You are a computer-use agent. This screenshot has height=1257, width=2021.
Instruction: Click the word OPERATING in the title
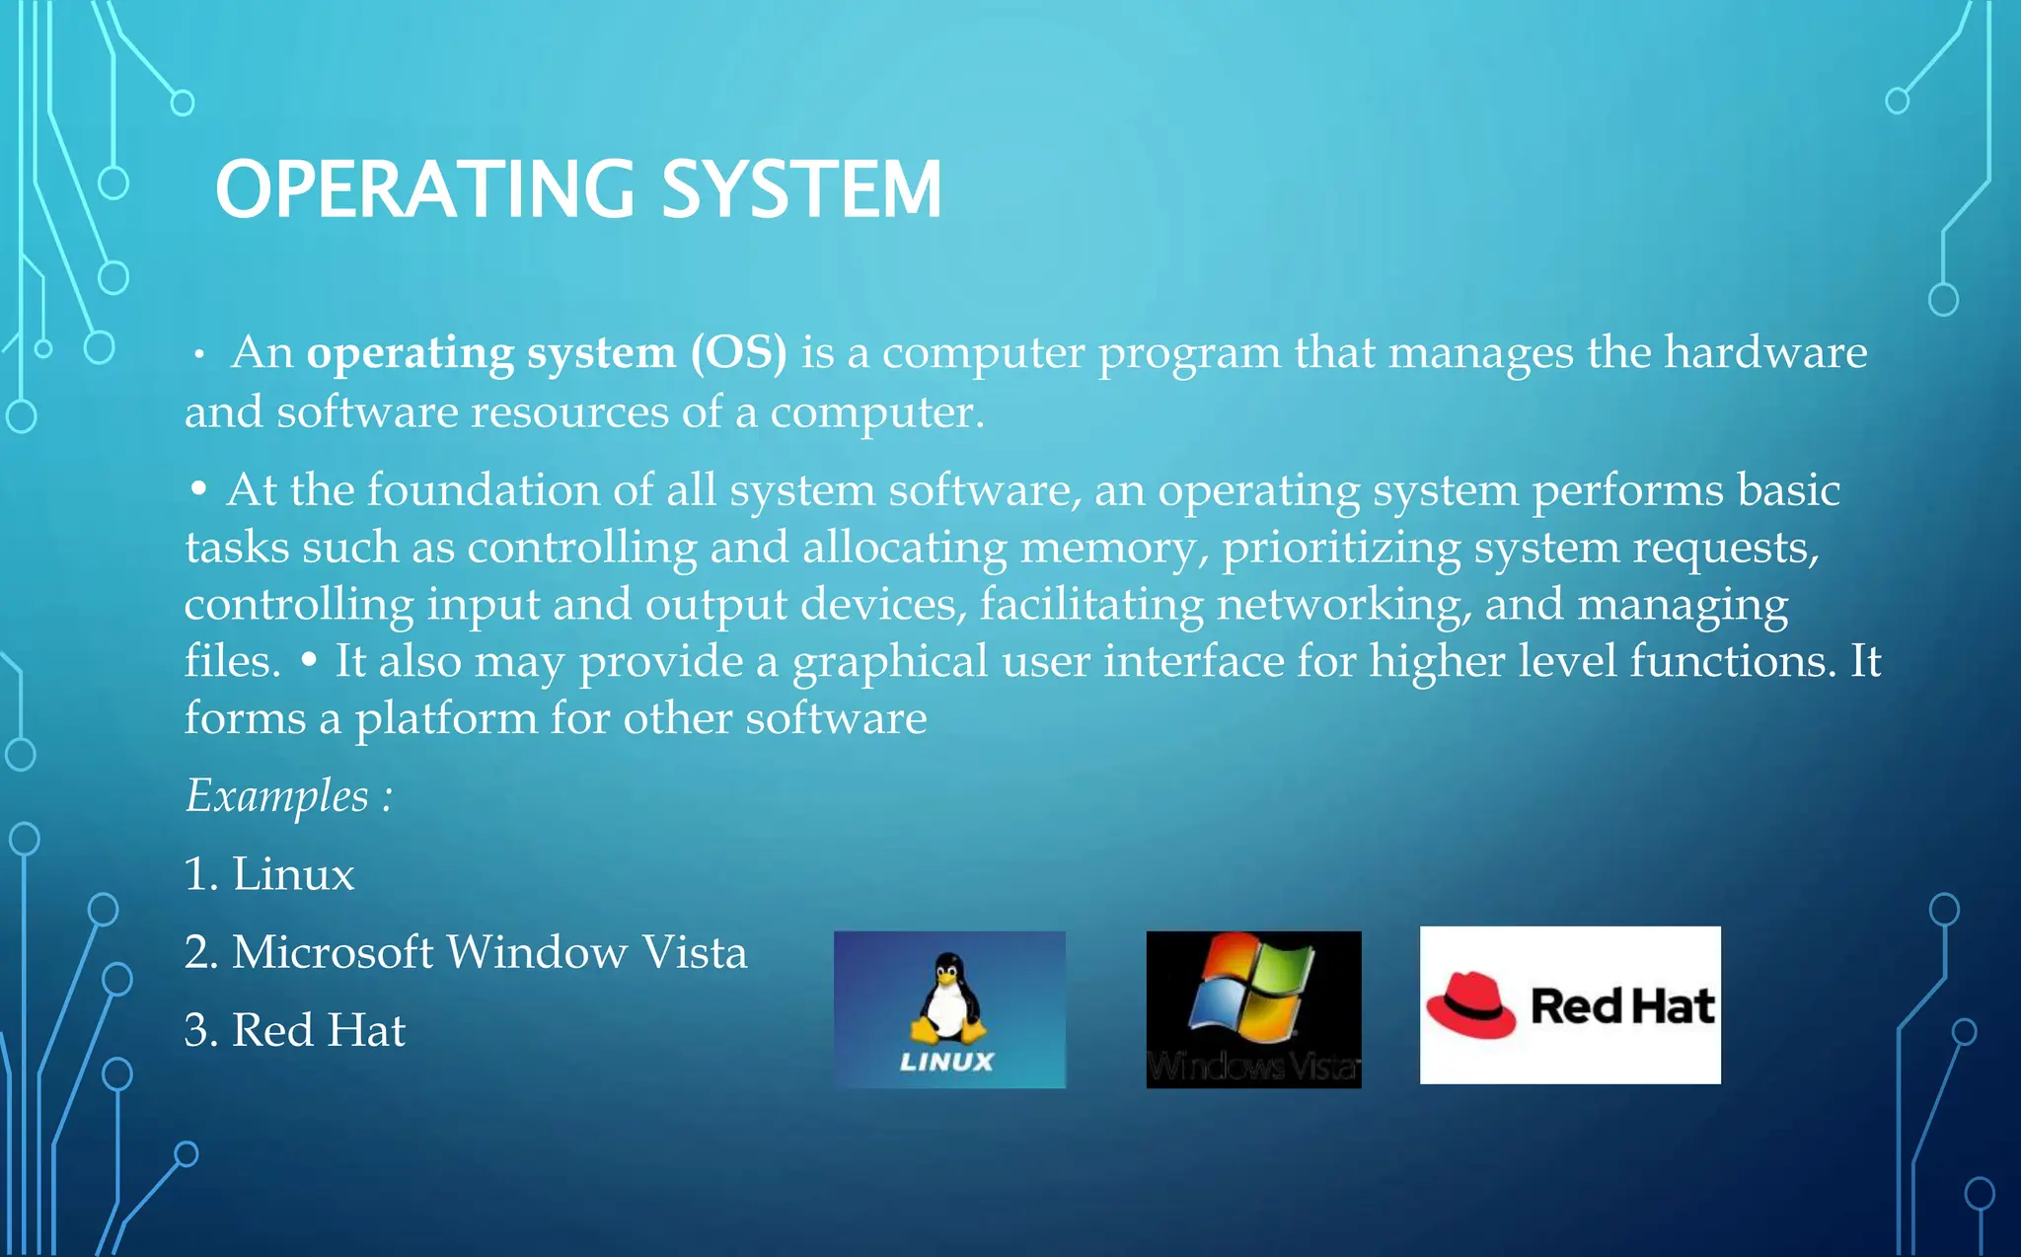click(x=425, y=189)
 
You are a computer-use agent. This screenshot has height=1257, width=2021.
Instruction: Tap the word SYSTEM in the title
click(x=800, y=189)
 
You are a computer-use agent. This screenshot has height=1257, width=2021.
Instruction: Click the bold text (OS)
click(x=738, y=352)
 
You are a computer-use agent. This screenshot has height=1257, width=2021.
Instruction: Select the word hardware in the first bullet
click(x=1765, y=352)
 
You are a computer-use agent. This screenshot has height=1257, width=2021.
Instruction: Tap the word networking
click(x=1343, y=604)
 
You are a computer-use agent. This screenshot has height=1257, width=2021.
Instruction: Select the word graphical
click(x=890, y=661)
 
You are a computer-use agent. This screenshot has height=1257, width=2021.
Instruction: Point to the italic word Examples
click(x=277, y=796)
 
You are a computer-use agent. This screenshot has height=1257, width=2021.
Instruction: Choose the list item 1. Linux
click(x=269, y=874)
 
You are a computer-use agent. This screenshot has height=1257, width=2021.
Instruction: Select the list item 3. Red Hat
click(x=295, y=1030)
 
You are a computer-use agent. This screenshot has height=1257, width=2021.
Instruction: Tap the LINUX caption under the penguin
click(x=946, y=1062)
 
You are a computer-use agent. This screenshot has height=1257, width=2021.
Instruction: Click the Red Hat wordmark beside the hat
click(x=1622, y=1006)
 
